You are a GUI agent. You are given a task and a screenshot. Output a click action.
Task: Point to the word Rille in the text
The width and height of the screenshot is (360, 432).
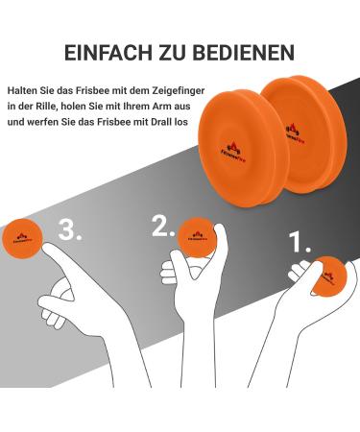(44, 106)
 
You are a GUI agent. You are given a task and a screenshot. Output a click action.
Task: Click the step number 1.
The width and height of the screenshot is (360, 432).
(301, 241)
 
